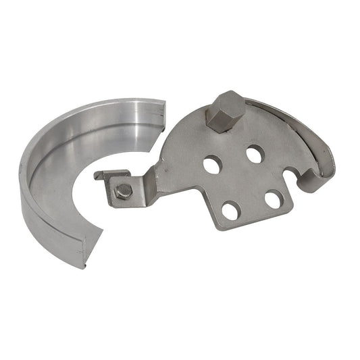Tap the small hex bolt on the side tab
[x=123, y=191]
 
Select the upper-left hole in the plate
[x=213, y=163]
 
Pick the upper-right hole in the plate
[x=254, y=154]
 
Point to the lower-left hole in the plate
[x=230, y=210]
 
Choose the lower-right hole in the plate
[x=273, y=199]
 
